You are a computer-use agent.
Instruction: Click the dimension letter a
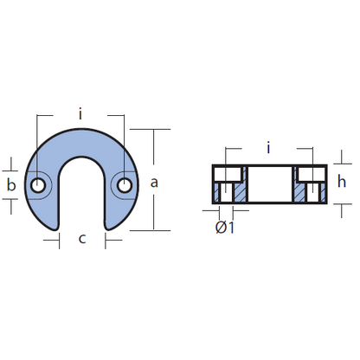coord(154,183)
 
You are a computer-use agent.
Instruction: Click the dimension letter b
coord(11,184)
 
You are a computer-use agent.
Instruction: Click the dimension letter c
coord(82,239)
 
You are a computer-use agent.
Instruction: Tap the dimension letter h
coord(342,182)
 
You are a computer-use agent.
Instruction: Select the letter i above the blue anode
coord(80,113)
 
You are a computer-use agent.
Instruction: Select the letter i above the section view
coord(268,148)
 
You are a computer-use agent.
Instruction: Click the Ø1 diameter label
coord(225,228)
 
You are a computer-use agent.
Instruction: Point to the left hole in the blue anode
coord(38,185)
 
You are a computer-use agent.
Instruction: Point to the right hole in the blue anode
coord(125,185)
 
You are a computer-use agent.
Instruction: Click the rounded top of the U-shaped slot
coord(81,157)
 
